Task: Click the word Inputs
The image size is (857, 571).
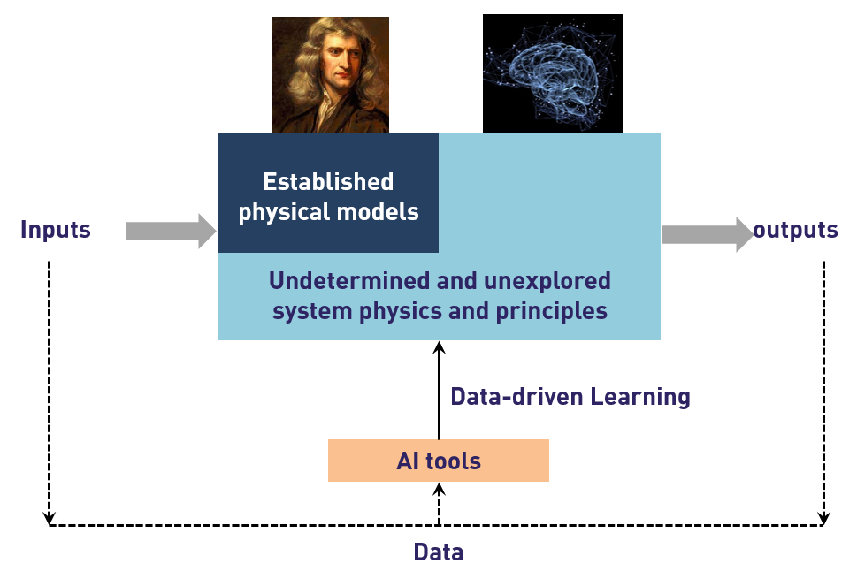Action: (55, 230)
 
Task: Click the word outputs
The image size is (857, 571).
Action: (795, 230)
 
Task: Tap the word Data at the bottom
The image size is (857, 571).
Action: (439, 552)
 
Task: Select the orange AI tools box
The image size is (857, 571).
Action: (439, 461)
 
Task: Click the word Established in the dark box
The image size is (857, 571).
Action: (328, 182)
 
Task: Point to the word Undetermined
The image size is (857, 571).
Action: (349, 281)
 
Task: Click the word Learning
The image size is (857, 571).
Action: (640, 397)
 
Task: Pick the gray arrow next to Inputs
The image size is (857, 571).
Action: (171, 231)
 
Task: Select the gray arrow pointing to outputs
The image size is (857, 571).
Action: (708, 234)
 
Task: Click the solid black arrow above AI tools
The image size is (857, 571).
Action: (439, 390)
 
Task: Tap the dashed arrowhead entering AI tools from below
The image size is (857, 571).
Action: (439, 489)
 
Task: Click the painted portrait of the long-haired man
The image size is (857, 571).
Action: (331, 74)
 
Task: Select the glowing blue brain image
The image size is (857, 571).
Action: (553, 73)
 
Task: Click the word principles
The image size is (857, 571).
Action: (552, 311)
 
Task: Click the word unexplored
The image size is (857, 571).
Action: (547, 281)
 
